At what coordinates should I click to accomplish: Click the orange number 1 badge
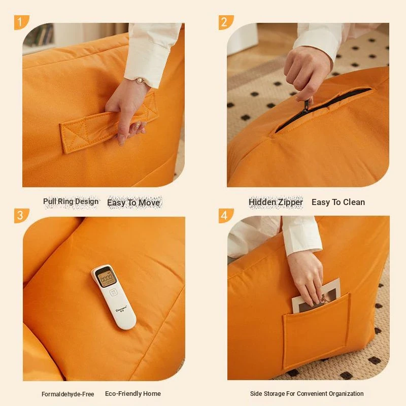pyautogui.click(x=21, y=22)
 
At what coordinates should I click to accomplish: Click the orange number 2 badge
pyautogui.click(x=226, y=22)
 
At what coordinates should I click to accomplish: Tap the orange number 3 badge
pyautogui.click(x=21, y=216)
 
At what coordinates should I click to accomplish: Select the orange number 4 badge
pyautogui.click(x=226, y=216)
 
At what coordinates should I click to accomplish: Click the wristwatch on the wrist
pyautogui.click(x=141, y=80)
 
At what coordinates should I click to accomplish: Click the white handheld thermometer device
pyautogui.click(x=113, y=297)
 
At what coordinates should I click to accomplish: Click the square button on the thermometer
pyautogui.click(x=113, y=293)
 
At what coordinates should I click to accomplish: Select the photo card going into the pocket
pyautogui.click(x=315, y=295)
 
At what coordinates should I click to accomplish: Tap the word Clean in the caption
pyautogui.click(x=353, y=202)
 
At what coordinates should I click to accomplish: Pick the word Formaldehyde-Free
pyautogui.click(x=68, y=394)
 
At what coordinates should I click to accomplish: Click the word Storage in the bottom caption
pyautogui.click(x=273, y=394)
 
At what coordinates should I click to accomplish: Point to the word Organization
pyautogui.click(x=346, y=394)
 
